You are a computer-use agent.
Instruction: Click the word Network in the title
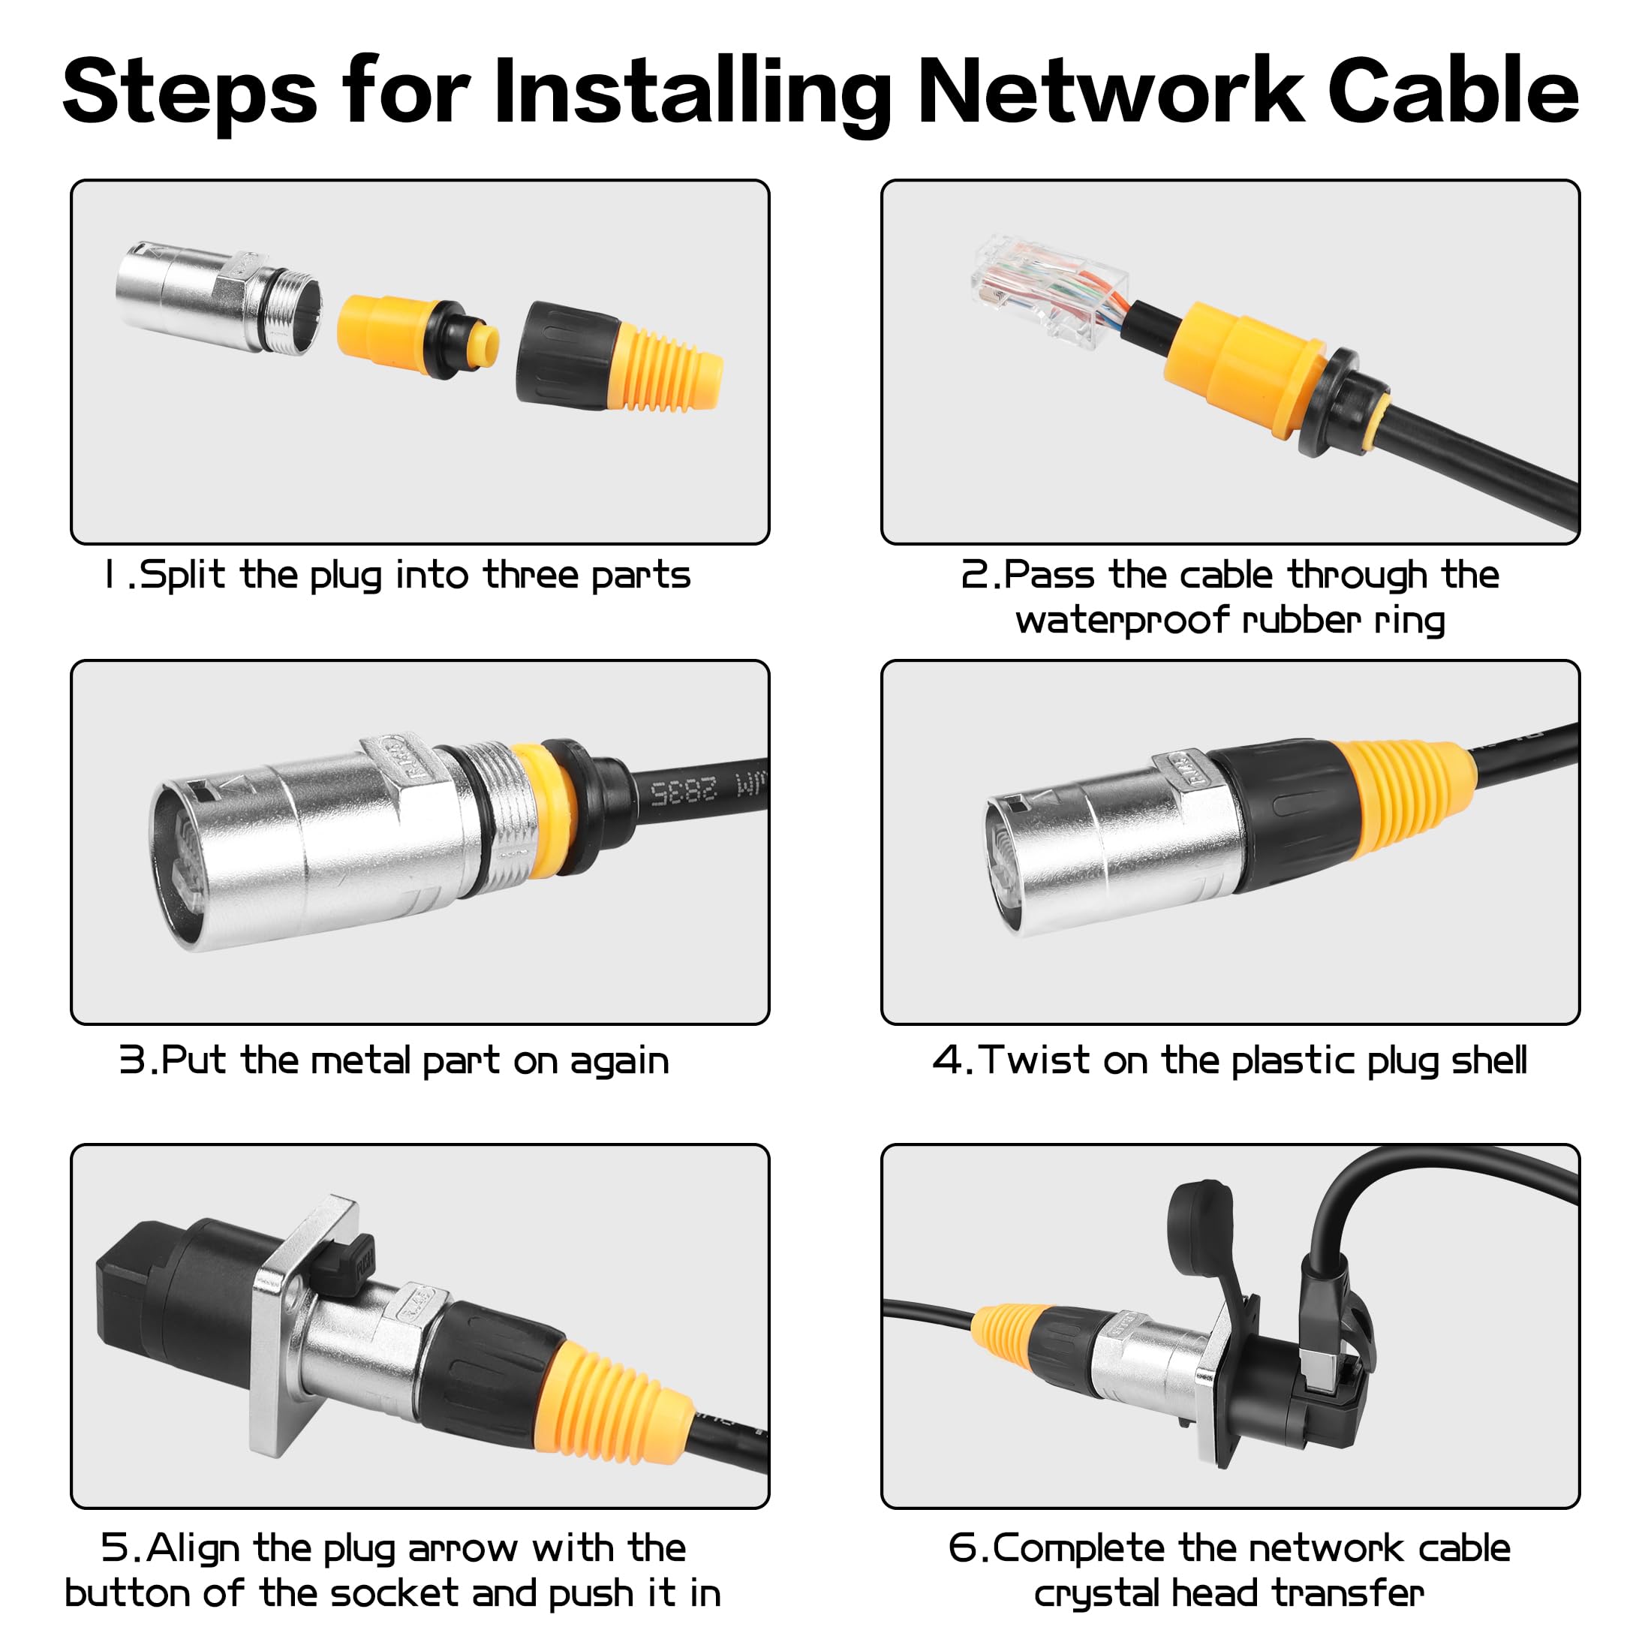(1111, 91)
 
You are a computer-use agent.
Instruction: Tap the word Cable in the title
(1454, 91)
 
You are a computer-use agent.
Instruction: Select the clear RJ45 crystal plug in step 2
(1049, 289)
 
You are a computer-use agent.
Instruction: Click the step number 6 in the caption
(961, 1548)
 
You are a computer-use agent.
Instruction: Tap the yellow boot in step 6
(1006, 1331)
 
